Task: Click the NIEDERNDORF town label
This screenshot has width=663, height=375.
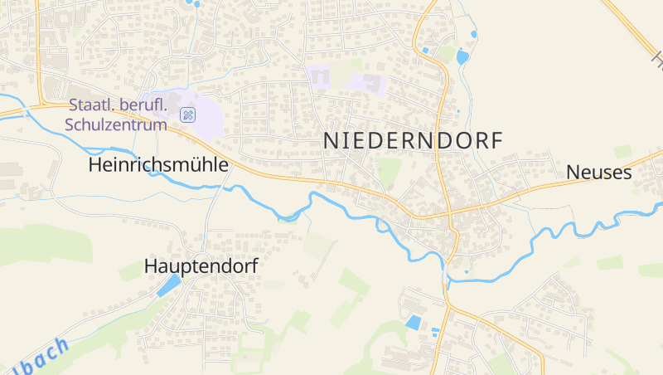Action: pyautogui.click(x=412, y=141)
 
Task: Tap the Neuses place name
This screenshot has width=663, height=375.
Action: pyautogui.click(x=598, y=173)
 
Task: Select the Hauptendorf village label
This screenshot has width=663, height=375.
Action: pyautogui.click(x=201, y=266)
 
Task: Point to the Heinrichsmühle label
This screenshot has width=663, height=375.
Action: pyautogui.click(x=157, y=165)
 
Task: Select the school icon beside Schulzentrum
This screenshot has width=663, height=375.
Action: pyautogui.click(x=188, y=115)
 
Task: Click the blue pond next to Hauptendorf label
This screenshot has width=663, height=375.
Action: pyautogui.click(x=169, y=286)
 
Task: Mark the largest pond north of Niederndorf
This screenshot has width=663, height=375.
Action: pyautogui.click(x=462, y=57)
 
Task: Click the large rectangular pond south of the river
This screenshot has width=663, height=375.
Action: pyautogui.click(x=413, y=322)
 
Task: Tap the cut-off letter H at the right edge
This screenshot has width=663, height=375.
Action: pyautogui.click(x=658, y=58)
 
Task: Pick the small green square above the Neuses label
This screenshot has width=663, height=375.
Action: pyautogui.click(x=622, y=152)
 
